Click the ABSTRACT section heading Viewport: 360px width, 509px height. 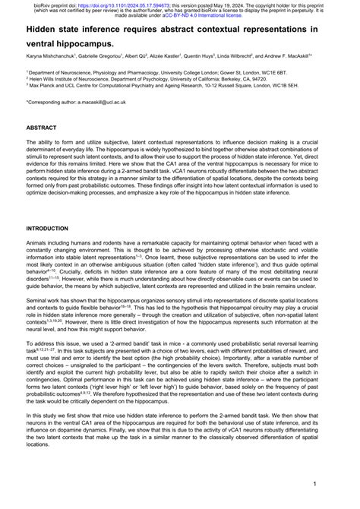pos(41,128)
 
